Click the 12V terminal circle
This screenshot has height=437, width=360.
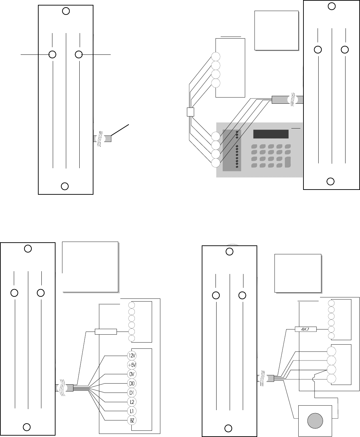pos(131,355)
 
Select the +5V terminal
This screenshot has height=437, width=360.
pos(131,365)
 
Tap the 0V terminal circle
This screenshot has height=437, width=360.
pos(131,374)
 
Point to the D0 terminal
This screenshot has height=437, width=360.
pos(131,383)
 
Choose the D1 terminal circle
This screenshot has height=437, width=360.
pos(131,393)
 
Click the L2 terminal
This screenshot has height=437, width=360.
pos(131,402)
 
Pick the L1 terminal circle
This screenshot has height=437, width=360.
pos(131,411)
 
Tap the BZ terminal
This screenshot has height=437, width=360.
pos(131,420)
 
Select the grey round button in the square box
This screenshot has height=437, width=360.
pos(315,421)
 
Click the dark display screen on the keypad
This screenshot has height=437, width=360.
pos(271,134)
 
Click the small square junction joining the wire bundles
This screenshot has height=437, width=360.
pos(190,112)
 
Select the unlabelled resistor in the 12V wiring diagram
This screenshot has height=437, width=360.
pos(106,332)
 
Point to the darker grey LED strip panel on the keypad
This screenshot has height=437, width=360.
pos(230,150)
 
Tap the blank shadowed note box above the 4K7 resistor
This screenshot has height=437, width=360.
pos(298,273)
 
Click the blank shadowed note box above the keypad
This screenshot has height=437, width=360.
pos(276,30)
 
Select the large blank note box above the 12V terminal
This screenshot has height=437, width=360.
pos(90,266)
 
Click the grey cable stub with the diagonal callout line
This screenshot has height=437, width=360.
pos(107,139)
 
